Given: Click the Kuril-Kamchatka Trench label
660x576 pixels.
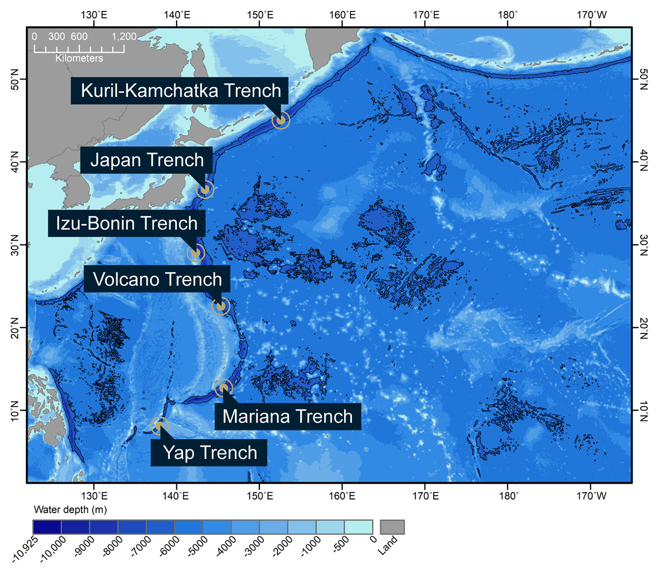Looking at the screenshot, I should click(x=180, y=91).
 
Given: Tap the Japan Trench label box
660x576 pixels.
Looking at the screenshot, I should click(x=147, y=160).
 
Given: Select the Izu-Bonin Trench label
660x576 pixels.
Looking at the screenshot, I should click(x=126, y=223).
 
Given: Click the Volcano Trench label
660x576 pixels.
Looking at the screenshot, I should click(x=157, y=279).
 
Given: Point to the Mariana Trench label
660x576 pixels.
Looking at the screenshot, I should click(x=287, y=416).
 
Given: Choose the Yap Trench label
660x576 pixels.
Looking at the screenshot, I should click(x=210, y=453).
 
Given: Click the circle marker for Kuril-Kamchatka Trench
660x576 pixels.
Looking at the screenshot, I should click(x=280, y=120).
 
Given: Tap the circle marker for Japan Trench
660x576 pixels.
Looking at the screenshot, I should click(x=205, y=189).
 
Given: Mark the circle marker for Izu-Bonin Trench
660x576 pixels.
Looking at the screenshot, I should click(x=196, y=253).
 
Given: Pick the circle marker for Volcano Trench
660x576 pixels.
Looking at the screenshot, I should click(x=221, y=306).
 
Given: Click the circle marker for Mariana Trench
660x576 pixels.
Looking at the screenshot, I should click(x=223, y=388).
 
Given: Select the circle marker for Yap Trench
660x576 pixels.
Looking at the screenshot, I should click(x=160, y=425).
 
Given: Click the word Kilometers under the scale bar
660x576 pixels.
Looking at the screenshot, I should click(x=79, y=58).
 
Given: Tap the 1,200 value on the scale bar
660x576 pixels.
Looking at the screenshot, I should click(x=123, y=37).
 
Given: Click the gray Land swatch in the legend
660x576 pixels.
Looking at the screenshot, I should click(x=392, y=527).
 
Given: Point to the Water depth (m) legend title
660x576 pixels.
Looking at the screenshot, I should click(x=70, y=510).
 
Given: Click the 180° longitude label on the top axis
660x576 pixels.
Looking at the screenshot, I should click(x=508, y=15).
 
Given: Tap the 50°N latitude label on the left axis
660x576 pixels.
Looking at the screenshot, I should click(x=14, y=79).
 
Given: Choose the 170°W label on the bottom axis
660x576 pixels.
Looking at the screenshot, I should click(x=591, y=496).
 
